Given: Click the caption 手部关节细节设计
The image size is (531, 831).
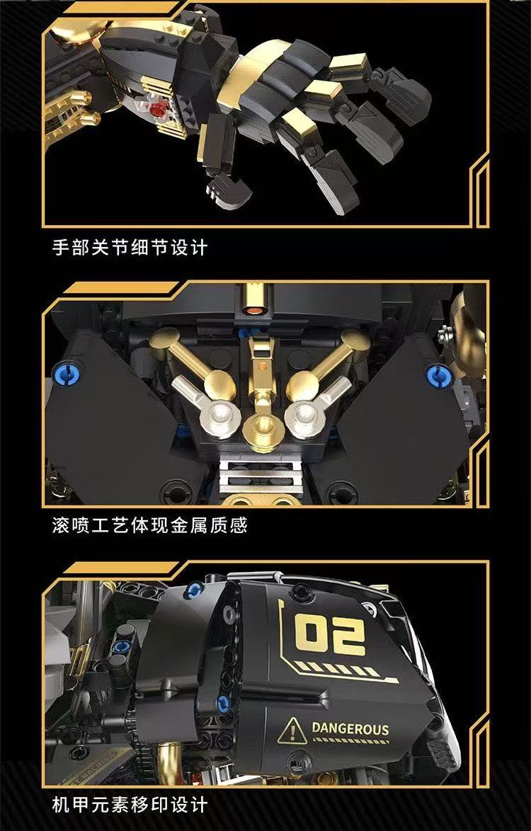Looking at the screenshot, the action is tap(130, 248).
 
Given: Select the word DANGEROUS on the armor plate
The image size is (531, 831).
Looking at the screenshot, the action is tap(351, 728).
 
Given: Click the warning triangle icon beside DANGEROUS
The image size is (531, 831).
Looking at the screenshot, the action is tap(291, 732).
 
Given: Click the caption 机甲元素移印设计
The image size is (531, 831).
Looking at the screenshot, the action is tap(130, 806).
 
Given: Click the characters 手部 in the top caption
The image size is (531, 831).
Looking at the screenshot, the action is tap(71, 248).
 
